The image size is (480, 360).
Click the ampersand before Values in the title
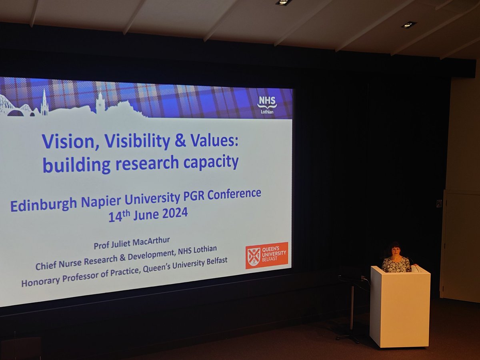pos(181,141)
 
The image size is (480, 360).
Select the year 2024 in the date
pos(174,213)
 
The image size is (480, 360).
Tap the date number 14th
pos(119,216)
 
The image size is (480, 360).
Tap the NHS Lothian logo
pos(267,104)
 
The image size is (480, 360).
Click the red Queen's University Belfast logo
pos(266,255)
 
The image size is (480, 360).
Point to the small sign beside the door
pos(439,203)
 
